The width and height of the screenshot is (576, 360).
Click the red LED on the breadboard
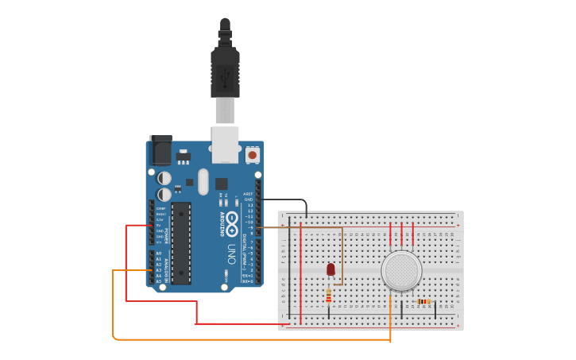point(331,269)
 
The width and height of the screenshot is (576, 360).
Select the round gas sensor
point(400,270)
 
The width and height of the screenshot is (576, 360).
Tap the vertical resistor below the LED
point(329,296)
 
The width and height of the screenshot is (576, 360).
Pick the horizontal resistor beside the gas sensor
point(423,301)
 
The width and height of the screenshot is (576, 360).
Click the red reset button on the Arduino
point(253,155)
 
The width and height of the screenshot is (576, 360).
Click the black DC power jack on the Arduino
point(160,150)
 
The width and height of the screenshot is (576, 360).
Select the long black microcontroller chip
point(181,243)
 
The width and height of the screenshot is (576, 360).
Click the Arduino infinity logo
point(232,223)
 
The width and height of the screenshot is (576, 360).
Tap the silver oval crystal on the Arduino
point(203,182)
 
